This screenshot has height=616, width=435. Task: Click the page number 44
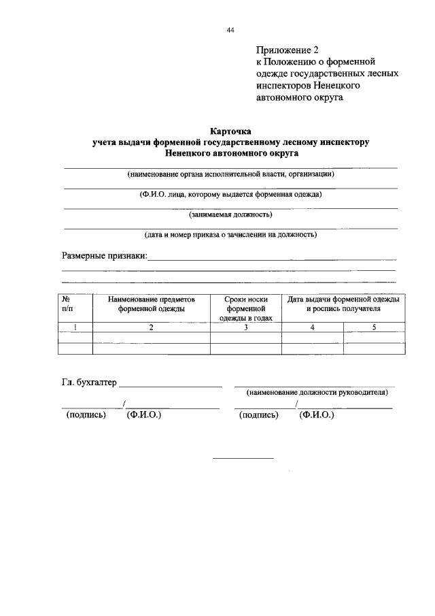click(x=230, y=31)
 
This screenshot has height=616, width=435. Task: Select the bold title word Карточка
click(x=230, y=131)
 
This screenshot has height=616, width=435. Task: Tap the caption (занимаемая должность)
click(x=230, y=214)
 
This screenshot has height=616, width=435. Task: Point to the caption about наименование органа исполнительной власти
click(x=230, y=174)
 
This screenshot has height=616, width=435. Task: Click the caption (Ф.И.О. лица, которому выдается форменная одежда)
click(x=230, y=194)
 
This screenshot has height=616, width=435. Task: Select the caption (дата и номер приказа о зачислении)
click(x=230, y=235)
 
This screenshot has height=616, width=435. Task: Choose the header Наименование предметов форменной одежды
click(x=152, y=304)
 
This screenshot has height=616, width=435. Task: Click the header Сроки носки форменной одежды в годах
click(x=245, y=308)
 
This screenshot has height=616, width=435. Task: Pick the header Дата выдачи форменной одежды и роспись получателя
click(x=343, y=304)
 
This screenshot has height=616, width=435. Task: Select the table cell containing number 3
click(x=245, y=327)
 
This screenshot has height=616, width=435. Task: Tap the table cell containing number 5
click(x=373, y=327)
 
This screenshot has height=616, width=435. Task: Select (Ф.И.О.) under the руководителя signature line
click(x=317, y=414)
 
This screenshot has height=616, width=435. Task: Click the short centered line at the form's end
click(x=243, y=458)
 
